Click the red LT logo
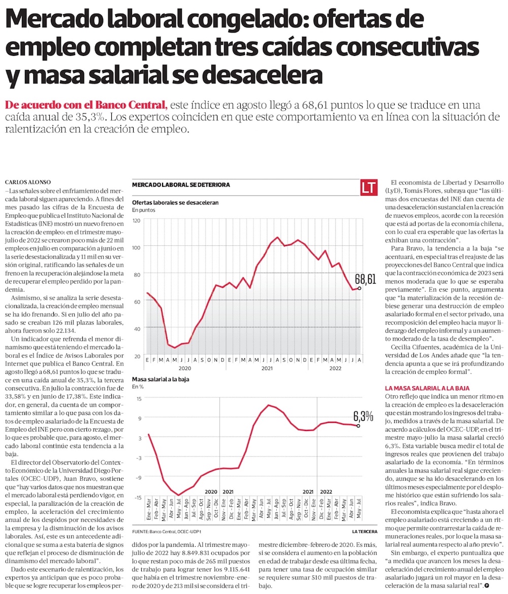click(368, 186)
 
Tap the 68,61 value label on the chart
click(365, 279)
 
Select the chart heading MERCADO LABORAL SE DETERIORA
click(181, 185)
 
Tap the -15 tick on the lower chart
click(138, 497)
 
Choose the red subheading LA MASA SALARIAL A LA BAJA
click(427, 388)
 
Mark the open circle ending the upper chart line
click(360, 288)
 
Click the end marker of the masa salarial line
click(359, 426)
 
